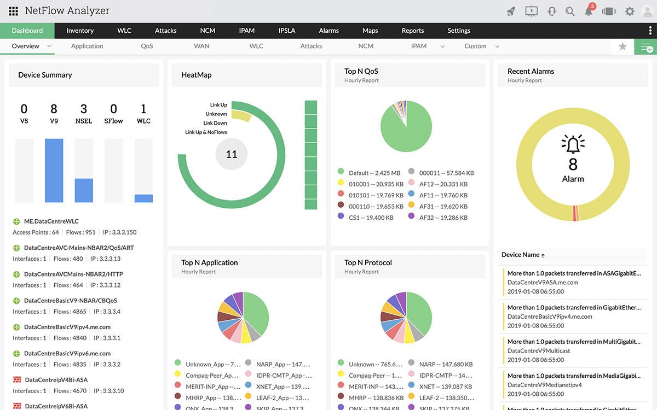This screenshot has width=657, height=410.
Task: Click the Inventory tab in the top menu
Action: pos(80,31)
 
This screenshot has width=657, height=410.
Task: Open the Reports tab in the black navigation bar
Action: pos(413,31)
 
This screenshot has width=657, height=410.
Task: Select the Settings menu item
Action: pos(459,31)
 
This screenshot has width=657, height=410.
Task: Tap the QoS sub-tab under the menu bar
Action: pos(147,46)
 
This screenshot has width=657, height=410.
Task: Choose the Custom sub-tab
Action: pos(475,46)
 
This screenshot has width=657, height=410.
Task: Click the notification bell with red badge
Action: pos(589,11)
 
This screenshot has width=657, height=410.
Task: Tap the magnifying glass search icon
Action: pos(570,11)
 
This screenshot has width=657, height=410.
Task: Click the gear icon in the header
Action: pos(630,11)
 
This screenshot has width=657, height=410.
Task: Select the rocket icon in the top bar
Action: pos(511,11)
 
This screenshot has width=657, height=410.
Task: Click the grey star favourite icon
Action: pos(623,47)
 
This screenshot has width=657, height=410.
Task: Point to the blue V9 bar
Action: pos(54,171)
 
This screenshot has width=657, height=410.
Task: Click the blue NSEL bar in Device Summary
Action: pos(84,190)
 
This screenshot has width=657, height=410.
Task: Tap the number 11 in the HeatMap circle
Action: pos(232,154)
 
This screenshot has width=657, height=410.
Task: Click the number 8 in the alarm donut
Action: pos(573,165)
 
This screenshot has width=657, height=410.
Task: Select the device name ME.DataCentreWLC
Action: pos(51,221)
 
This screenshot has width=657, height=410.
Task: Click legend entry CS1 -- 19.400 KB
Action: pos(371,218)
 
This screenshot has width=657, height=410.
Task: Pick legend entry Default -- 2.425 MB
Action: pos(374,173)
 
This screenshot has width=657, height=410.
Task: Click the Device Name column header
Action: pos(521,255)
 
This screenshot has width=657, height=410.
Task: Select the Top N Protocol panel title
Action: pos(368,262)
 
